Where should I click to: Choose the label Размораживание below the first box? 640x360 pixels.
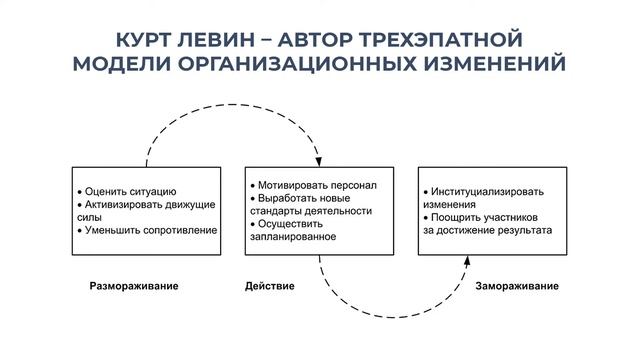[134, 286]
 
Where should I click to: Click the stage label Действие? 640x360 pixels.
[270, 286]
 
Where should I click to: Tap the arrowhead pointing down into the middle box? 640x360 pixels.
[318, 161]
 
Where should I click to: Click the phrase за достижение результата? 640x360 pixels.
[487, 230]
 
